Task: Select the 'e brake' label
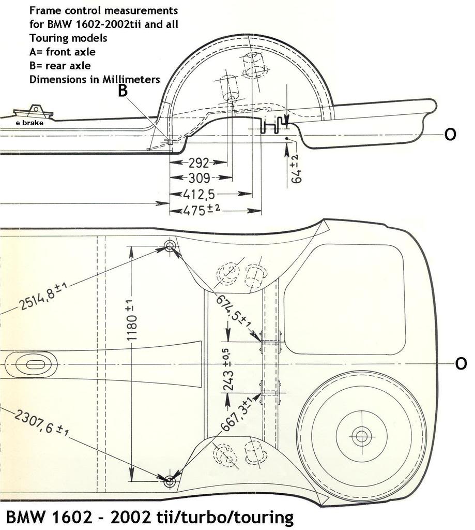pos(29,123)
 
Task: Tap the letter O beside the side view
pos(450,135)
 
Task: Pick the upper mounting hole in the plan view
pos(170,245)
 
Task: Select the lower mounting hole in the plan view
pos(170,481)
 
